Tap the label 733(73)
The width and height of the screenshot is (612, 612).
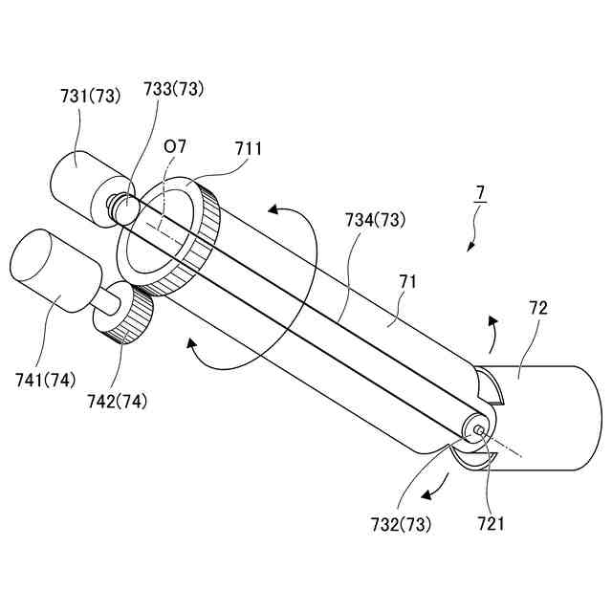[x=174, y=89]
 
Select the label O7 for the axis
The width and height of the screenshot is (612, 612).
[x=175, y=147]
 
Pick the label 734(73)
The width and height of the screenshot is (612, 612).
[x=375, y=220]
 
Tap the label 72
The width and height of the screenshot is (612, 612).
[x=538, y=310]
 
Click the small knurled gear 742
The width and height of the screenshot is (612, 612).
[x=129, y=316]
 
